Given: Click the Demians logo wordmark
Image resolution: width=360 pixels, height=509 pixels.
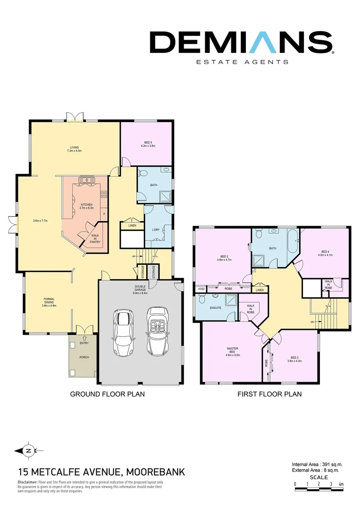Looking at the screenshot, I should [x=241, y=42].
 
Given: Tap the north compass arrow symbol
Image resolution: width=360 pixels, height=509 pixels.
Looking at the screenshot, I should [x=28, y=451].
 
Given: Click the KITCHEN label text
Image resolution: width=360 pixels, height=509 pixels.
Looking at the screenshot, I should [x=86, y=206].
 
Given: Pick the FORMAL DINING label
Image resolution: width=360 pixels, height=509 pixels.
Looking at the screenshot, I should [x=49, y=302].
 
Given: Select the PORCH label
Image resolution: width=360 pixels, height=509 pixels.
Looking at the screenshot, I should [x=84, y=357].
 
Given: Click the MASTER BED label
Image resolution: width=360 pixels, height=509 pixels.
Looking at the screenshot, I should [x=233, y=352].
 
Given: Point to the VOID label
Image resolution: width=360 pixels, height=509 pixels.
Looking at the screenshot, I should [x=201, y=289].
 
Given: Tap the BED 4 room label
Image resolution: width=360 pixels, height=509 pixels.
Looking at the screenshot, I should [x=325, y=253].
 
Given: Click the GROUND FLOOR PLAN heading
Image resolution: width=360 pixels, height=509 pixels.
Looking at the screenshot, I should [x=107, y=394].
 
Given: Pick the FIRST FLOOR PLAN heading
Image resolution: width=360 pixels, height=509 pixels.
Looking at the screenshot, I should [x=269, y=394].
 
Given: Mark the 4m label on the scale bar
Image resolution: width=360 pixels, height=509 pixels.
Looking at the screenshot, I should [x=341, y=484].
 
